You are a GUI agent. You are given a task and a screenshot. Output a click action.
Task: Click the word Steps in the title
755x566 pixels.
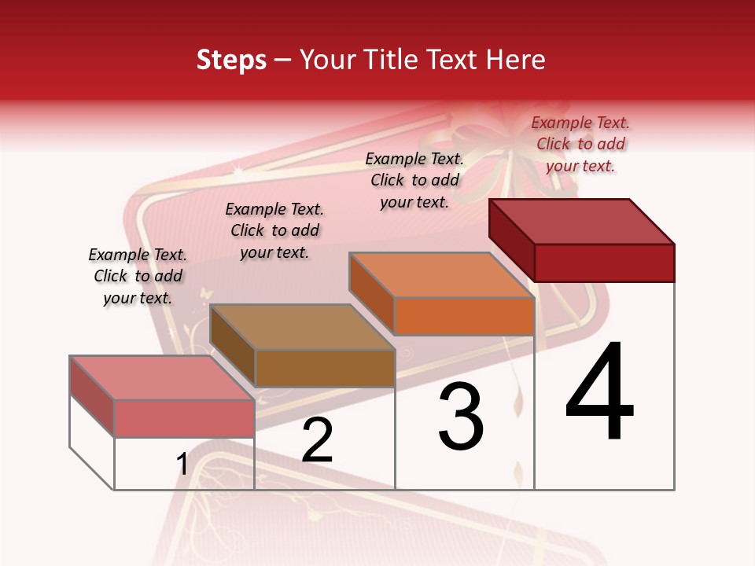(231, 60)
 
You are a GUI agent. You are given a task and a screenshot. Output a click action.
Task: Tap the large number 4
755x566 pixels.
(599, 392)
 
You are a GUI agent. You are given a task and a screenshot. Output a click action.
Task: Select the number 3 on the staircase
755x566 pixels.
(461, 417)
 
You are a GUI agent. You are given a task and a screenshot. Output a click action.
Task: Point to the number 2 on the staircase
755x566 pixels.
(318, 441)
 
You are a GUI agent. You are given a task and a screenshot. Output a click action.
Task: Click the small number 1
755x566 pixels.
(182, 465)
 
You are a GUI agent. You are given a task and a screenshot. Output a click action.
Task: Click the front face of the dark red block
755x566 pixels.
(604, 263)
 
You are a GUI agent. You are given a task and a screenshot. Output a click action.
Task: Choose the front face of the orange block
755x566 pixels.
(464, 317)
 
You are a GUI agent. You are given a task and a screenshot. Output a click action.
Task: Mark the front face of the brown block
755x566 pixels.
(325, 368)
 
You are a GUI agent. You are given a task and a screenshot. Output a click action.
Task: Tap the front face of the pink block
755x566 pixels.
(184, 418)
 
